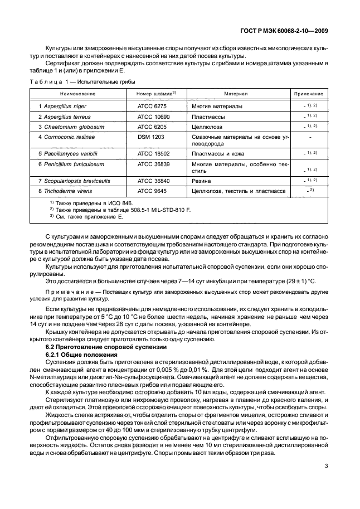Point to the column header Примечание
click(x=309, y=94)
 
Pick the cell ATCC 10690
click(x=153, y=117)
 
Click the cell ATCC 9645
click(x=152, y=191)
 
